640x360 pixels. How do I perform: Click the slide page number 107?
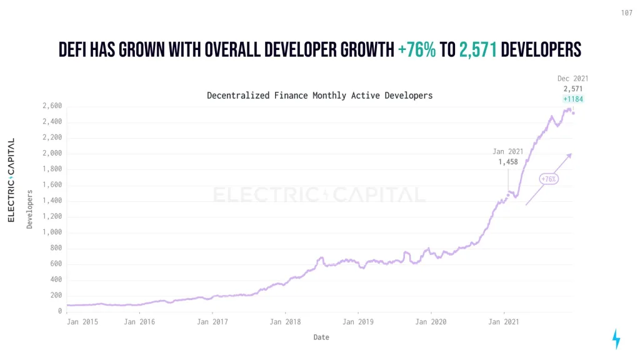(627, 12)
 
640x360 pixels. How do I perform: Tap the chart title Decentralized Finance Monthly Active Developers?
(319, 96)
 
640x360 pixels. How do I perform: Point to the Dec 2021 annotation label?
(572, 79)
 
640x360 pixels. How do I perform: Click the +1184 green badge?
(573, 99)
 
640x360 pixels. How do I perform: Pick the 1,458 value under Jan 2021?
(507, 162)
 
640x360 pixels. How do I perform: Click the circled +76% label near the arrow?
(548, 179)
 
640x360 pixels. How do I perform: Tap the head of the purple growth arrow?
(570, 154)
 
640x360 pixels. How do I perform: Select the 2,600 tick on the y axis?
(53, 106)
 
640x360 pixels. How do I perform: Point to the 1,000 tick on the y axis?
(53, 232)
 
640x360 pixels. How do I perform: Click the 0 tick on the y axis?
(60, 311)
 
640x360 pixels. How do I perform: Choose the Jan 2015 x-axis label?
(82, 322)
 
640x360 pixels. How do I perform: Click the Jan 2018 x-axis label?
(285, 322)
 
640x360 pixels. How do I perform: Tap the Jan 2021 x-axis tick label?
(504, 322)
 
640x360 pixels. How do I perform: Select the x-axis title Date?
(321, 337)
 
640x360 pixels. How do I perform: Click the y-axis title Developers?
(29, 209)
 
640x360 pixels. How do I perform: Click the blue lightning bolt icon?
(616, 339)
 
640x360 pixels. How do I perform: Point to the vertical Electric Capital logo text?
(11, 180)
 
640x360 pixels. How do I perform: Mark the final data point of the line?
(573, 113)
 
